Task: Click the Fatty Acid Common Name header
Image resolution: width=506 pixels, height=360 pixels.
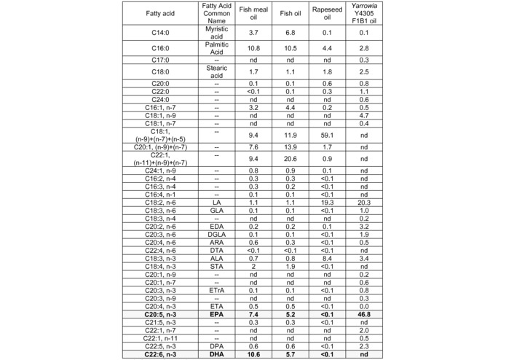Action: point(216,14)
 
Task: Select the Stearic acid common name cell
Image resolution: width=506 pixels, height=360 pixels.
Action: point(216,72)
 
